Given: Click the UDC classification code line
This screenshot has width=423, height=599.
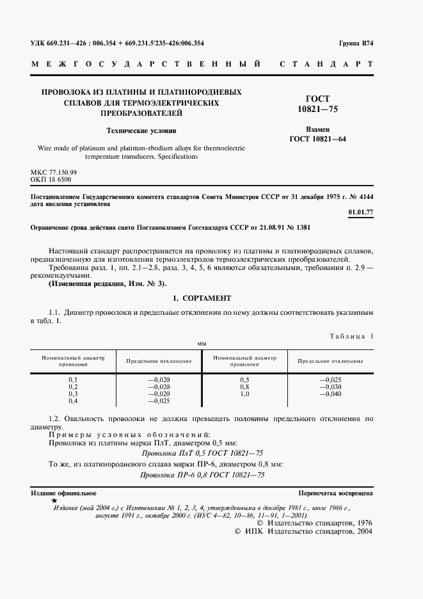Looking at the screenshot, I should tap(118, 44).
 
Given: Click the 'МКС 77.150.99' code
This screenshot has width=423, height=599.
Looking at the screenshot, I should tap(54, 173).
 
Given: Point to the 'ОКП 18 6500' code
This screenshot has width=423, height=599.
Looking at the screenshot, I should tap(51, 180).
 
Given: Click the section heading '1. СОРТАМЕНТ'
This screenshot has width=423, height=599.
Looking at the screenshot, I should tap(202, 298).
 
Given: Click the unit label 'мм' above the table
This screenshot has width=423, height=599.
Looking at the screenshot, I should tap(202, 344).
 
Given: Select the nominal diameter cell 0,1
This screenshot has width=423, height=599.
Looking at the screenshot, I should tap(73, 379).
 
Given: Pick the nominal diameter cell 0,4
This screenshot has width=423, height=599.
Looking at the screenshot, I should tap(73, 401).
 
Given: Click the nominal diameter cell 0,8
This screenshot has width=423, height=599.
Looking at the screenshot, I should tap(244, 387).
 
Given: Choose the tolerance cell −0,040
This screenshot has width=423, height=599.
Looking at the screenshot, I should tap(330, 394).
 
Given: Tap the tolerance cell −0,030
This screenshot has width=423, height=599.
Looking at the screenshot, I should tap(330, 387).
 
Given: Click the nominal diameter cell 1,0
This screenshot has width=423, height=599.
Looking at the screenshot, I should tap(244, 394).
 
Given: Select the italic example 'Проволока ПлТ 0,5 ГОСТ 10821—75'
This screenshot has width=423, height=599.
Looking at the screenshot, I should tap(202, 452).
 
